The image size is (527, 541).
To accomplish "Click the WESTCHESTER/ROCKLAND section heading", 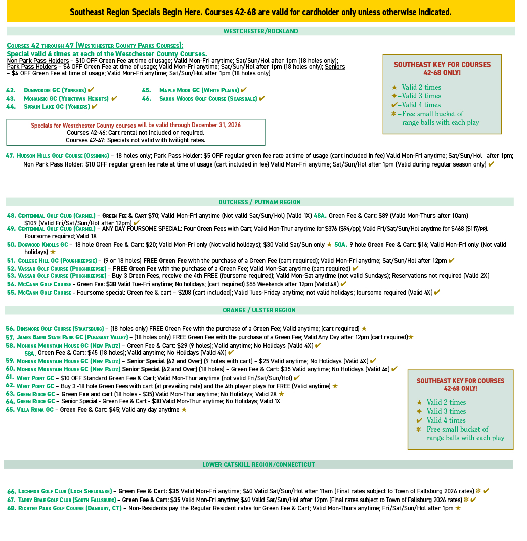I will pos(260,31).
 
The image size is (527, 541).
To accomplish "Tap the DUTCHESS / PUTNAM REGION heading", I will pos(259,202).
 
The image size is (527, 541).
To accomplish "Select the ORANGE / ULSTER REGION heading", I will pos(259,310).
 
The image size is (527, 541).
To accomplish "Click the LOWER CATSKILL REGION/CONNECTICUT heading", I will pos(258,465).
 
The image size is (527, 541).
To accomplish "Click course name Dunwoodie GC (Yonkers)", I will pos(55,90).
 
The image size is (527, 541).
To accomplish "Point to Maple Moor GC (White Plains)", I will pos(199,90).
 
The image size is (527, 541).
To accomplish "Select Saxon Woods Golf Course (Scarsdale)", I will pos(207,99).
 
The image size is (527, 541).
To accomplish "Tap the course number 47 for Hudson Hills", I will pos(10,156).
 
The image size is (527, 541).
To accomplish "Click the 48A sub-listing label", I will pos(320,216).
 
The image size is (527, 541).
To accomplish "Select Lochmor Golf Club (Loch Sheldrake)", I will pos(65,491).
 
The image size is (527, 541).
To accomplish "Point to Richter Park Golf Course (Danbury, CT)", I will pos(69,508).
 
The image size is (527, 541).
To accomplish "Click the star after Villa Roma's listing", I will pos(184,410).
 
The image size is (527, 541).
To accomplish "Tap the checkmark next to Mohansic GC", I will pos(114,98).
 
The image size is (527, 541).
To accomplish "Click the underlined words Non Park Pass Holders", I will pos(38,61).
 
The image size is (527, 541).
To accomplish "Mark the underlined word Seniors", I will pos(335,67).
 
